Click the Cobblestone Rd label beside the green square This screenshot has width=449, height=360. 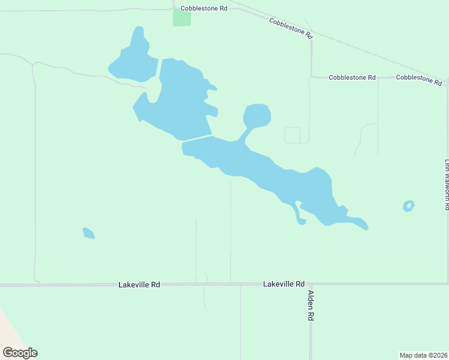(205, 9)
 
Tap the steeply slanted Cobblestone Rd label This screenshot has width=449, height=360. (291, 29)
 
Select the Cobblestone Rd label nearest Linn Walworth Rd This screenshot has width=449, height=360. (419, 79)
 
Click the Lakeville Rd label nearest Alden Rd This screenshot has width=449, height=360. (284, 284)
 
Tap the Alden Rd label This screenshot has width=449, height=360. (311, 305)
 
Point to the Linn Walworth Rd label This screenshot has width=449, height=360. (447, 184)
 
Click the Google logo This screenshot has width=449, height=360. (20, 353)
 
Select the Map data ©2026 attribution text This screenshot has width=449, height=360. (423, 355)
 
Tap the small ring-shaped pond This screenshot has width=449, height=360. (408, 206)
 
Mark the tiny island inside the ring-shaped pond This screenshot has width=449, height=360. (408, 207)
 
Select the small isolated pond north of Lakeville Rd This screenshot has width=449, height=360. (88, 233)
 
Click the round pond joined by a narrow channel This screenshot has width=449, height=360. (258, 115)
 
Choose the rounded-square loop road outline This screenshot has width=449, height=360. (292, 135)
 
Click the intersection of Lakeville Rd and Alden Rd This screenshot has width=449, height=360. (310, 284)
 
